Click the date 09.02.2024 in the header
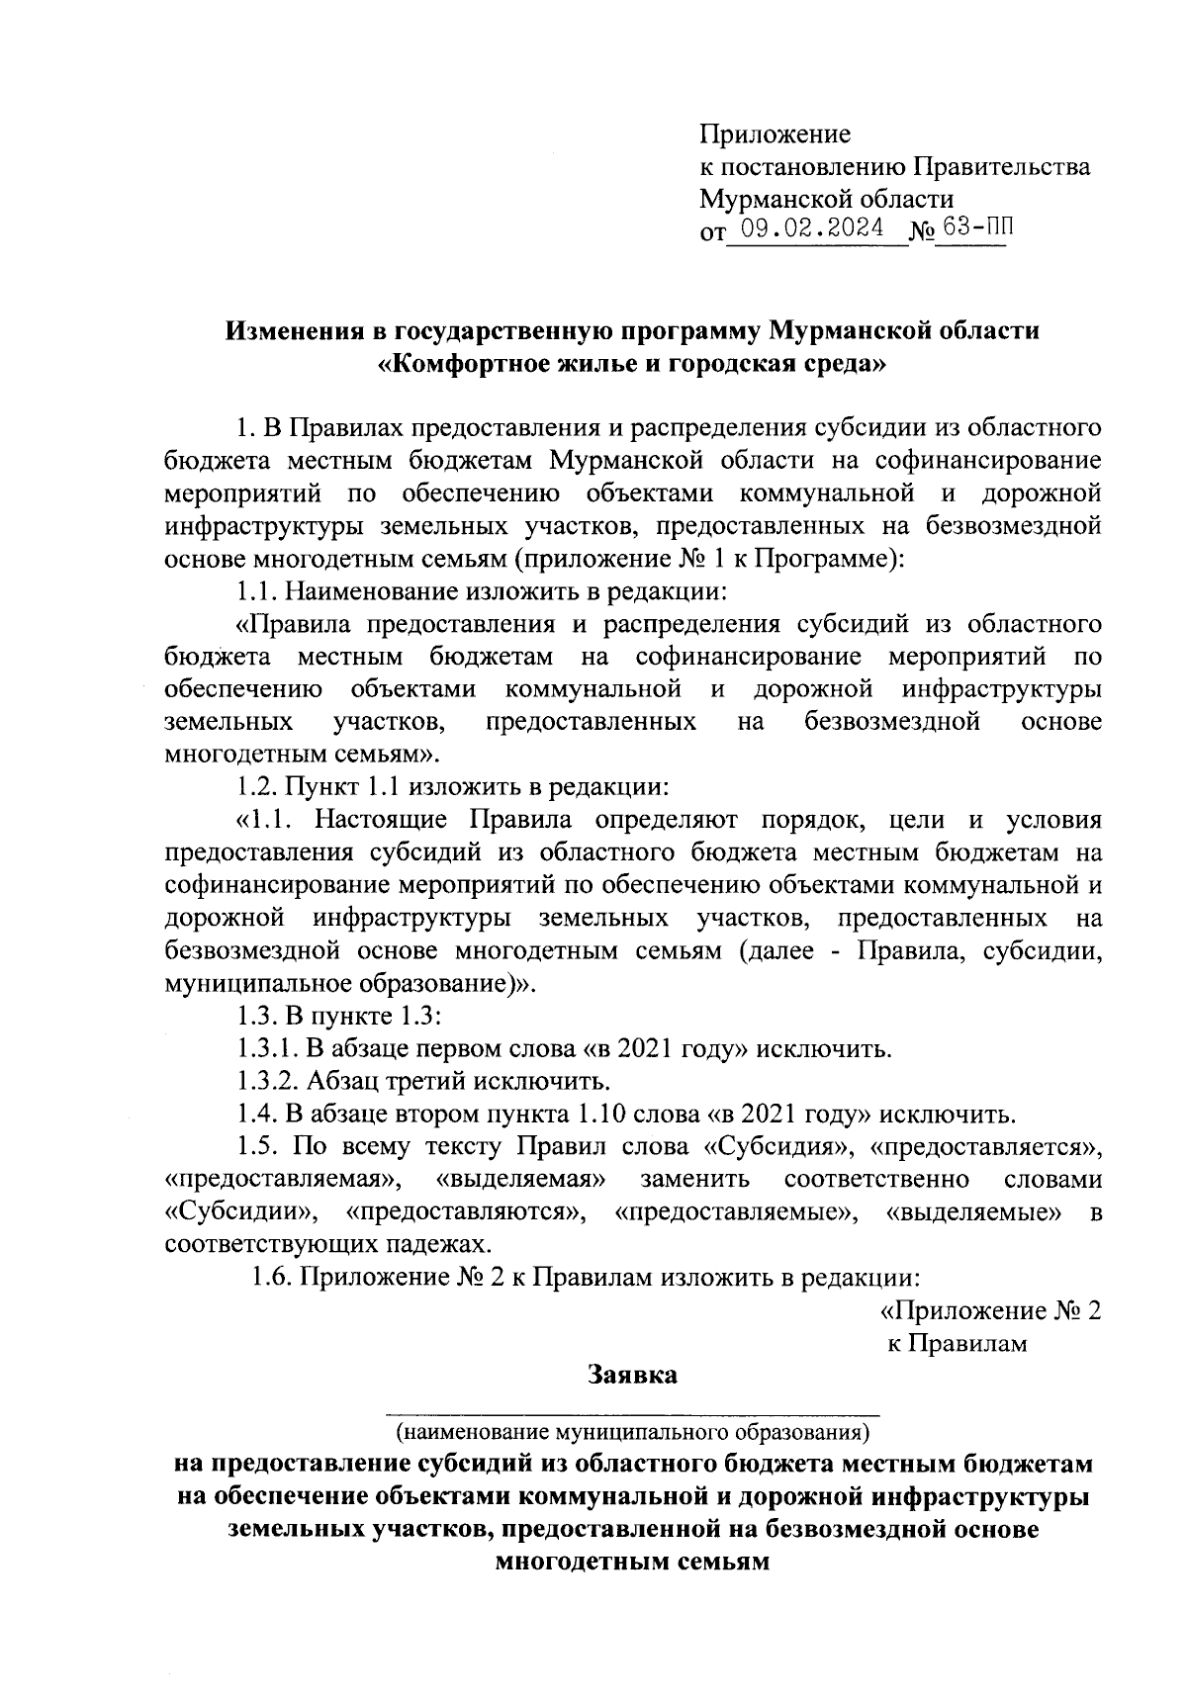click(x=815, y=229)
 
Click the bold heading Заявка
click(x=632, y=1375)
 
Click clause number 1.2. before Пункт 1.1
click(x=259, y=787)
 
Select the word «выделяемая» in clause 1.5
click(x=521, y=1180)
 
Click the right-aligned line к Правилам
click(x=957, y=1343)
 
